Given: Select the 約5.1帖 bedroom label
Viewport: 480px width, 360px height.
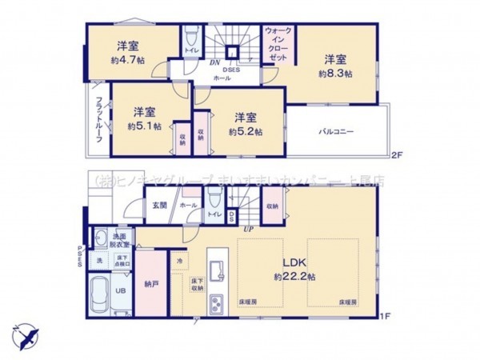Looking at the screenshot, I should (144, 126).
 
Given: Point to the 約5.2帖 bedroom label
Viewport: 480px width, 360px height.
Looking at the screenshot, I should (245, 131).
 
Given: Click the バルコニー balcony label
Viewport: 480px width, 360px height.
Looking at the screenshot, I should (337, 130).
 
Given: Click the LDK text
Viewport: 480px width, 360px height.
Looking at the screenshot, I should (301, 263).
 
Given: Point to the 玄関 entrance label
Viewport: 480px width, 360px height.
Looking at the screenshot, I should (159, 206).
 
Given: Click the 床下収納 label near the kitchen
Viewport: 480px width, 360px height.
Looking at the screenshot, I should (196, 284).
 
